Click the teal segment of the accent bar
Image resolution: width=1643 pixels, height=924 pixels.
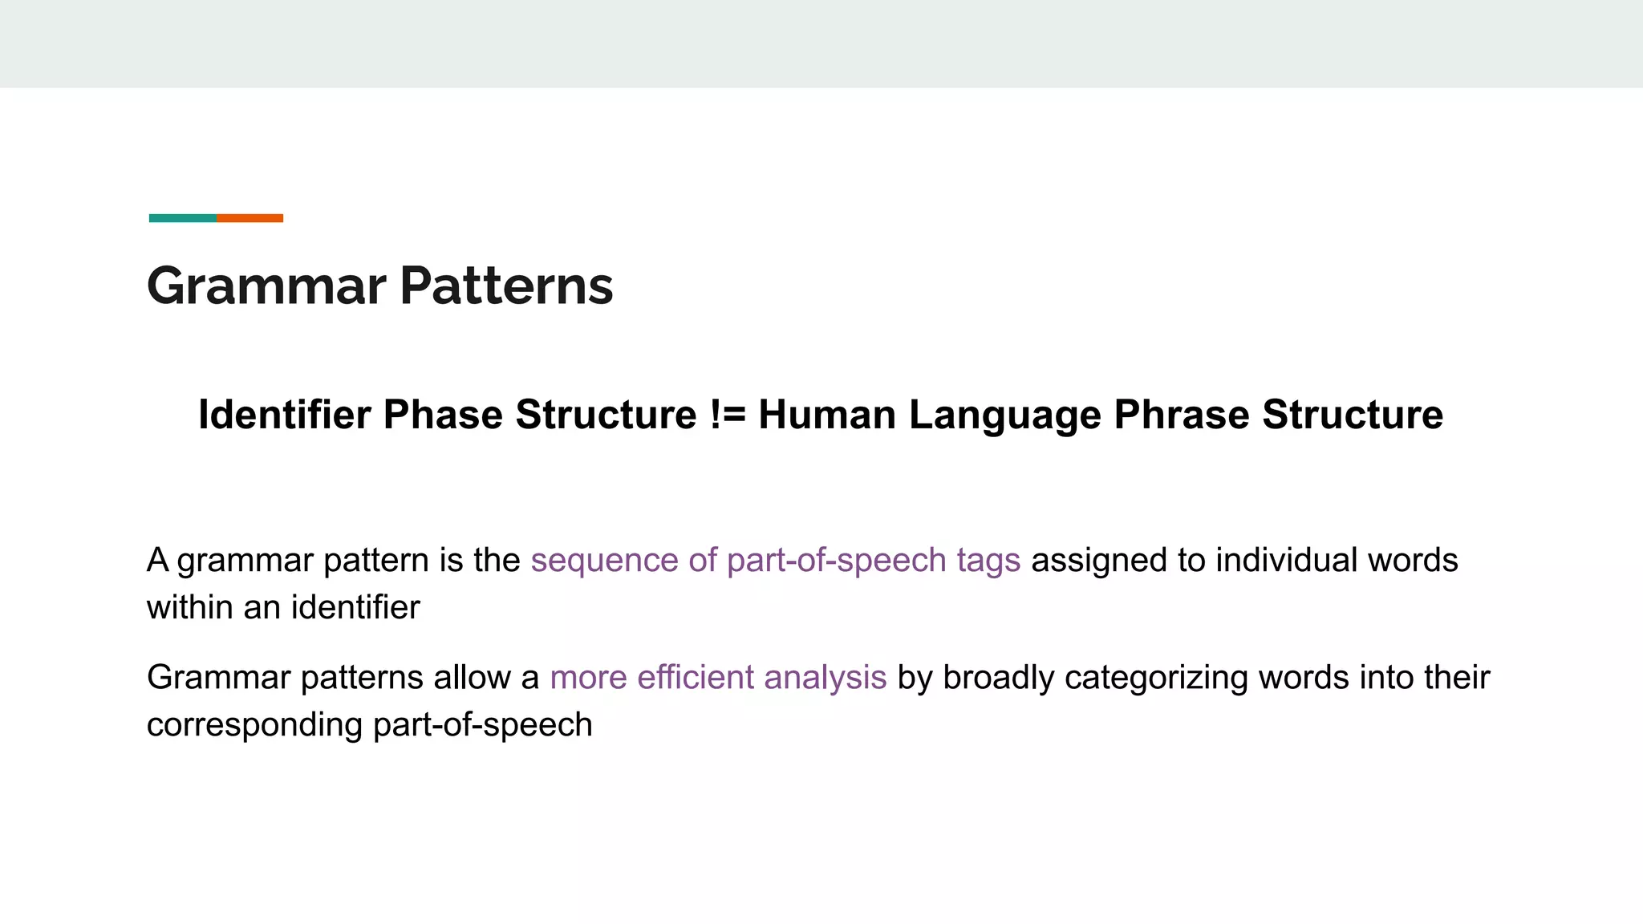(x=182, y=218)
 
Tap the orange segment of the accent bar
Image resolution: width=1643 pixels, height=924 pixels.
(x=249, y=218)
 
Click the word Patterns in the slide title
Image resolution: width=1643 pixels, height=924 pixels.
(x=506, y=286)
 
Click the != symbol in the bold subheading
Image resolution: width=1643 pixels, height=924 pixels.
(x=728, y=415)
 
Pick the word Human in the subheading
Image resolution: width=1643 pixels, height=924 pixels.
(x=827, y=415)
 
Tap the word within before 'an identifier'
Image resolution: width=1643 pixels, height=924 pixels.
(x=189, y=607)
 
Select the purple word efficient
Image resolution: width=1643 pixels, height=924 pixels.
(x=696, y=678)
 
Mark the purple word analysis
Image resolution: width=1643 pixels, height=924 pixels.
(x=825, y=678)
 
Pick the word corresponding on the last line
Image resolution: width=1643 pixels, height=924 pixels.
(x=254, y=725)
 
